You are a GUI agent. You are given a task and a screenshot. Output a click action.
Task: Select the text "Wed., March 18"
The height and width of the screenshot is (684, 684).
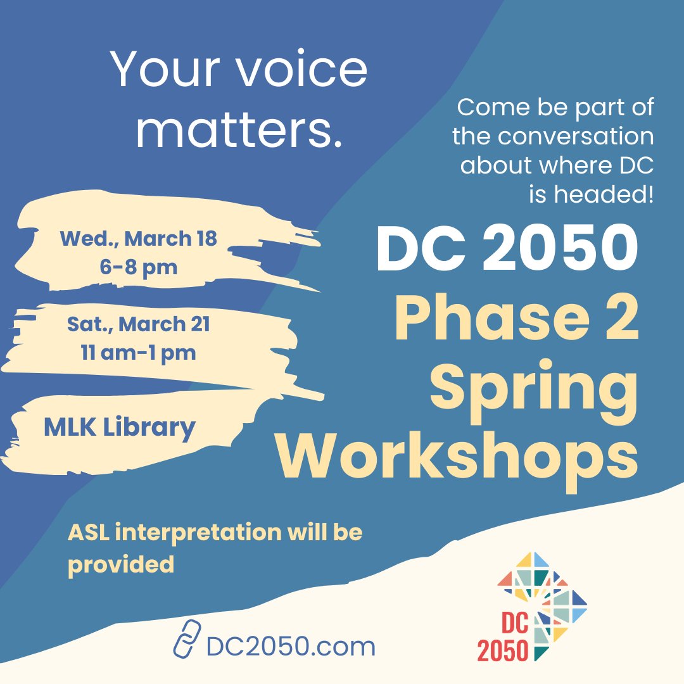pyautogui.click(x=138, y=239)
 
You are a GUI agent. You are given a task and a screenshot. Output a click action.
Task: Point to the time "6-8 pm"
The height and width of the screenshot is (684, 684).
pyautogui.click(x=138, y=267)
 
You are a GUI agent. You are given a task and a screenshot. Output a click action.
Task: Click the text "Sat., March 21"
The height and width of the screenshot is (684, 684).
pyautogui.click(x=138, y=325)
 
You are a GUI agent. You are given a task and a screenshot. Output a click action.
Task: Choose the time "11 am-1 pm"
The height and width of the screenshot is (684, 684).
pyautogui.click(x=138, y=352)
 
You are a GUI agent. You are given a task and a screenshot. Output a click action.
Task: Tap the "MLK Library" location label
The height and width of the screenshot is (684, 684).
pyautogui.click(x=119, y=428)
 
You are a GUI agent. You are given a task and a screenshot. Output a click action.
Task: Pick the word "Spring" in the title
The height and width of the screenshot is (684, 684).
pyautogui.click(x=534, y=388)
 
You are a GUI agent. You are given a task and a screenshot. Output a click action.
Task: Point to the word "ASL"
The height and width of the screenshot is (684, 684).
pyautogui.click(x=89, y=532)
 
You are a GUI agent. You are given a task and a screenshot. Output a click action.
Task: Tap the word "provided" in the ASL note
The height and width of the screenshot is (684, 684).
pyautogui.click(x=120, y=563)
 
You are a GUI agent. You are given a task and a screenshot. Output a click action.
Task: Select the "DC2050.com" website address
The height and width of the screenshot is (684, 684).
pyautogui.click(x=291, y=647)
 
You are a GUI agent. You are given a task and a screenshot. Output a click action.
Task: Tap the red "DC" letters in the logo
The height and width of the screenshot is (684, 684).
pyautogui.click(x=514, y=624)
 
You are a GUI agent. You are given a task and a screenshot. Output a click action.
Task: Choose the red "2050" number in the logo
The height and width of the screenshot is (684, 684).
pyautogui.click(x=503, y=651)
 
